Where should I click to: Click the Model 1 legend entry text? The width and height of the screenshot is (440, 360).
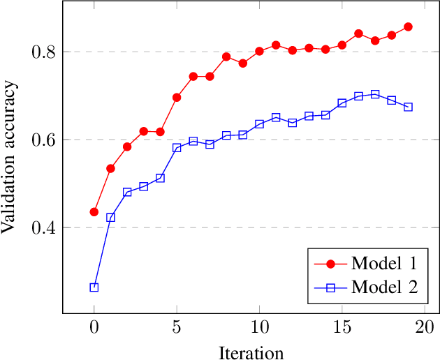pyautogui.click(x=384, y=263)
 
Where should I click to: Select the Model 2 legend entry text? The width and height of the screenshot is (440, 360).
pyautogui.click(x=384, y=286)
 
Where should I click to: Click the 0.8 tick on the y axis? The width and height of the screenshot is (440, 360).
pyautogui.click(x=44, y=52)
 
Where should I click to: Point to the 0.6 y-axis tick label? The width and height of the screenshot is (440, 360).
pyautogui.click(x=44, y=140)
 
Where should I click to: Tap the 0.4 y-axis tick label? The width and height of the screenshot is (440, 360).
pyautogui.click(x=44, y=227)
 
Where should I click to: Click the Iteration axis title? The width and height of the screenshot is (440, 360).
pyautogui.click(x=251, y=352)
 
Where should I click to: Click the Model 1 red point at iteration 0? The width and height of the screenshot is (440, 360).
pyautogui.click(x=94, y=212)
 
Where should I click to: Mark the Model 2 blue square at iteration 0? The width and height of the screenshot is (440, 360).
pyautogui.click(x=94, y=287)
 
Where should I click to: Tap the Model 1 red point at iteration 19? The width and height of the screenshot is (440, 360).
pyautogui.click(x=408, y=27)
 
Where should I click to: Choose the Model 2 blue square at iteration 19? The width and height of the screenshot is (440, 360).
pyautogui.click(x=408, y=107)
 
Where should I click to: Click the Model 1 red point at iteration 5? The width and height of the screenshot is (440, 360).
pyautogui.click(x=177, y=97)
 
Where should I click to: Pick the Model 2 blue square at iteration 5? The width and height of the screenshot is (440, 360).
pyautogui.click(x=177, y=148)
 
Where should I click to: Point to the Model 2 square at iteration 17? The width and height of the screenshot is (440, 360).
pyautogui.click(x=375, y=94)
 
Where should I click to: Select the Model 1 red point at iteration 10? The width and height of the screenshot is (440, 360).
pyautogui.click(x=259, y=51)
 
